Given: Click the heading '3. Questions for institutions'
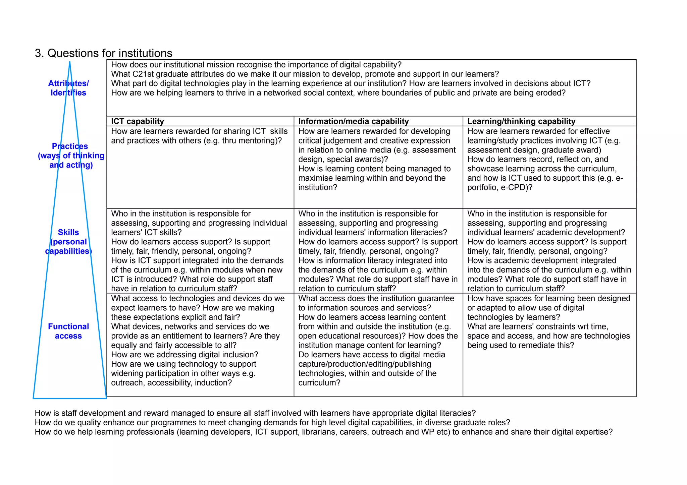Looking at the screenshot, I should coord(103,53).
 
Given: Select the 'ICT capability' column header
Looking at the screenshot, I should coord(137,121).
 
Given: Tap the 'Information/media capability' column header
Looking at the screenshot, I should coord(353,121).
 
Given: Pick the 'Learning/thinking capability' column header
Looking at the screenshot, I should coord(521,121).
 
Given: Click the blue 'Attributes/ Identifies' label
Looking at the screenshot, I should coord(68,88).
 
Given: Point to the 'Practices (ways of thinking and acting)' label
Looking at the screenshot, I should coord(71,156).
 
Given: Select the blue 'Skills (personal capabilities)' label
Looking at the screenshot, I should coord(68,242).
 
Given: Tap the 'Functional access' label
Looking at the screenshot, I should coord(68,331).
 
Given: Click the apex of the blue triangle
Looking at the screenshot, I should coord(70,62).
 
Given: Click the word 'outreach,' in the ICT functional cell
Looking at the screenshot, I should coord(128,383).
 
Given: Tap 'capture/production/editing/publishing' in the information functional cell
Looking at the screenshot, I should coord(365,364).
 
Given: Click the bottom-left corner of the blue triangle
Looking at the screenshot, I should coord(34,398).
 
